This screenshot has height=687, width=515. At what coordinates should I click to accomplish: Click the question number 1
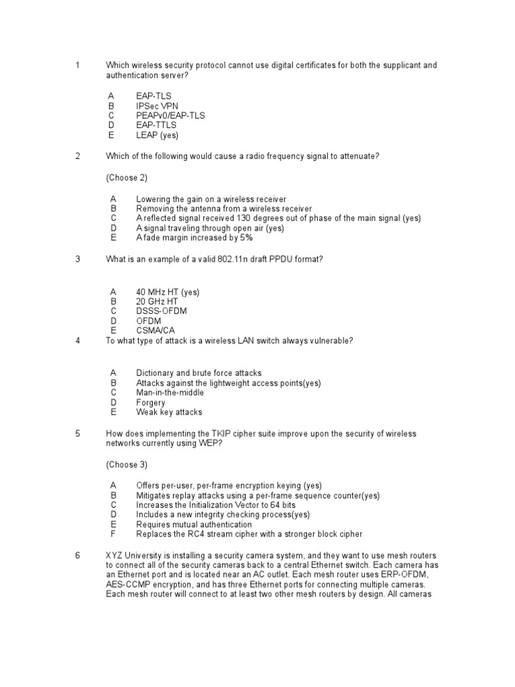click(x=78, y=65)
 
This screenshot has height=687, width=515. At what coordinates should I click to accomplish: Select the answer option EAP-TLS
click(x=154, y=96)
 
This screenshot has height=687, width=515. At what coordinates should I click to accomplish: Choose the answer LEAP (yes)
click(x=157, y=135)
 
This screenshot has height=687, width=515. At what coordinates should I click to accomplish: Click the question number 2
click(x=78, y=156)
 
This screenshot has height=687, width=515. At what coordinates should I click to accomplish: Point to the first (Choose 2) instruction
click(x=127, y=178)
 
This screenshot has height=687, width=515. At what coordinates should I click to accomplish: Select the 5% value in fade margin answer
click(x=246, y=237)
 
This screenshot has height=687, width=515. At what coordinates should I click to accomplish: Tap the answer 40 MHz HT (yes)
click(x=168, y=292)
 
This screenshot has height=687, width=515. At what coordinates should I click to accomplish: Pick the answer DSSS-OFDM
click(x=162, y=311)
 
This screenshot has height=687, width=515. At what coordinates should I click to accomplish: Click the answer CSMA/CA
click(x=155, y=331)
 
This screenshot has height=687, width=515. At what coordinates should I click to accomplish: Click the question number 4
click(x=78, y=341)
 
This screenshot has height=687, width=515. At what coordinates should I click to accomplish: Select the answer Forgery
click(x=151, y=403)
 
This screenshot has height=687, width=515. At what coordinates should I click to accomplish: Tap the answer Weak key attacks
click(x=169, y=412)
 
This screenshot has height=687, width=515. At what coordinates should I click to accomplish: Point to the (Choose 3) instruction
click(x=127, y=464)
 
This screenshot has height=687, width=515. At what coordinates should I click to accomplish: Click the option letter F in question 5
click(x=113, y=534)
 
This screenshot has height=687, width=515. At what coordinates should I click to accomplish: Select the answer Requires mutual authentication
click(x=194, y=525)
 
